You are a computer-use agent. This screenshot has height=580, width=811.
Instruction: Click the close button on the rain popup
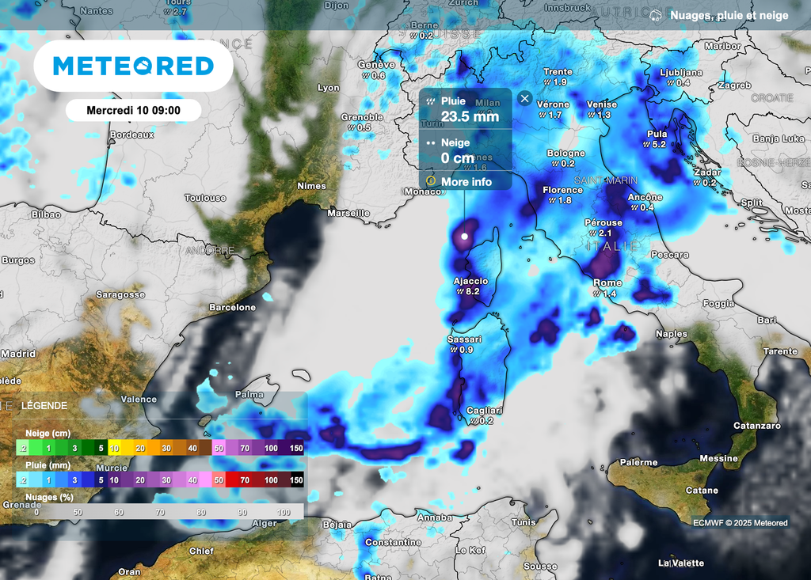pos(524,98)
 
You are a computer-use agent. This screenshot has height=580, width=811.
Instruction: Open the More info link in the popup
pos(466,182)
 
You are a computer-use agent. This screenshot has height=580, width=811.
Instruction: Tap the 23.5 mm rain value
pos(470,117)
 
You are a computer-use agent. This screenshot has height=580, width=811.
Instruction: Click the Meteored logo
pos(133,66)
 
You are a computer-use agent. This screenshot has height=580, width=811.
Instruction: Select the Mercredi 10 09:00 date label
pos(133,110)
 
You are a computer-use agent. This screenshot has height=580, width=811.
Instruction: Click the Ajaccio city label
pos(470,281)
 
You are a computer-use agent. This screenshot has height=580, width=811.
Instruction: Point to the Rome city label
pos(607,282)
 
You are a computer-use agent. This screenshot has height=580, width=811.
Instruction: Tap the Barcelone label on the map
pos(232,307)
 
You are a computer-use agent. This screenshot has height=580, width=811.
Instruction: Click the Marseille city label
pos(348,213)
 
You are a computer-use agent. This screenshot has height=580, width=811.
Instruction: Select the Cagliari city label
pos(484,410)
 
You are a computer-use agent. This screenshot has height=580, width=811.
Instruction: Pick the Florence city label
pos(562,190)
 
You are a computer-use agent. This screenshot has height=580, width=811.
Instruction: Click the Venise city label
pos(602,104)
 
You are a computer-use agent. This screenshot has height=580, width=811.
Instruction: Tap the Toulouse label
pos(205,198)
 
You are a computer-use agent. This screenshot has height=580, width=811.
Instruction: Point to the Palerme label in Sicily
pos(638,462)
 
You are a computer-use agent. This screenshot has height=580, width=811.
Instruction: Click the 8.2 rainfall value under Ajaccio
pos(473,292)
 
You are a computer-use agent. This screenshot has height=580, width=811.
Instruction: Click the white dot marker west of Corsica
pos(465,236)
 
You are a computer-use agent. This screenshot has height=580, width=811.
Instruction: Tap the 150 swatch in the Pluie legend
pos(295,480)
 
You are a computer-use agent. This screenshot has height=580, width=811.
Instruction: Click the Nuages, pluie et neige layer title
pos(729,16)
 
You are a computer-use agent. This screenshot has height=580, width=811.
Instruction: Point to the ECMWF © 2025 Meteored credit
pos(740,522)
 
